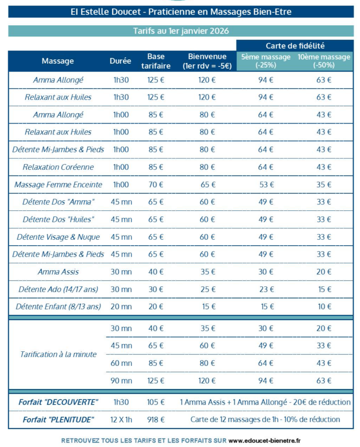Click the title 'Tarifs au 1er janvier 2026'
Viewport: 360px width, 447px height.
pyautogui.click(x=181, y=31)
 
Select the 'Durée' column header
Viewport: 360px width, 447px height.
pyautogui.click(x=120, y=61)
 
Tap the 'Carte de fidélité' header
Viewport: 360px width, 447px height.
pyautogui.click(x=295, y=45)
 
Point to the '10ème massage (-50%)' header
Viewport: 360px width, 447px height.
pyautogui.click(x=324, y=61)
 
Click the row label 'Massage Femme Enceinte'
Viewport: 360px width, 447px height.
pyautogui.click(x=58, y=185)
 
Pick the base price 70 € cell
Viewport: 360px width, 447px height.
pyautogui.click(x=156, y=185)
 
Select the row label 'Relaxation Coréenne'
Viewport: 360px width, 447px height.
pyautogui.click(x=58, y=167)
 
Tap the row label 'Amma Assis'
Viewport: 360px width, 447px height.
pyautogui.click(x=58, y=272)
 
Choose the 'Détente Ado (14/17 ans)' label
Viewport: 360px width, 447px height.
pyautogui.click(x=58, y=289)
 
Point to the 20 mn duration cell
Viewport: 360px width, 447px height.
pyautogui.click(x=121, y=307)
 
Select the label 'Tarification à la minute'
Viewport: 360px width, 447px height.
pyautogui.click(x=58, y=354)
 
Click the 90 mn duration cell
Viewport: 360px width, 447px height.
pyautogui.click(x=121, y=381)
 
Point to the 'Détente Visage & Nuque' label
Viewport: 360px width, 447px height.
pyautogui.click(x=58, y=237)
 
